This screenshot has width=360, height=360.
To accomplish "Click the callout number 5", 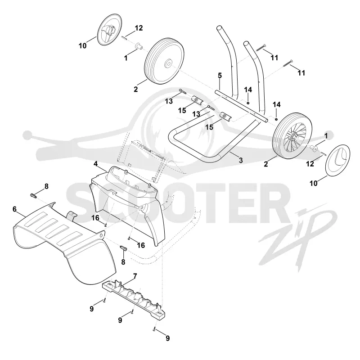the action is click(220, 76).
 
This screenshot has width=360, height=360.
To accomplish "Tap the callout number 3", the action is click(241, 160).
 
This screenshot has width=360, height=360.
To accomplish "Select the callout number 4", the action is click(95, 164).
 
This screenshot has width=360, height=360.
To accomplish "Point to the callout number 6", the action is click(15, 209).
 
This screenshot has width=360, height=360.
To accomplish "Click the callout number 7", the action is click(135, 276).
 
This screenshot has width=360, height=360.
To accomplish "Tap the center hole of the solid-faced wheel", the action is click(168, 63).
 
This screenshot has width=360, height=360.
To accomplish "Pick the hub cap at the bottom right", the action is click(338, 160).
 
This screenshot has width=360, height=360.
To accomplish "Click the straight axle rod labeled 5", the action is click(241, 106).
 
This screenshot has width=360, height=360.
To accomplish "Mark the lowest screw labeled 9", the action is click(154, 329).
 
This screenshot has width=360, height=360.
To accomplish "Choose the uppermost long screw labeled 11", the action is click(261, 48).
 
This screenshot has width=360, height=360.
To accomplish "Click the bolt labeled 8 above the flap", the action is click(33, 196).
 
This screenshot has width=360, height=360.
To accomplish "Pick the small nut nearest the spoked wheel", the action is click(276, 119).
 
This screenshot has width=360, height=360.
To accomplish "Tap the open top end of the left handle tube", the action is click(220, 28).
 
